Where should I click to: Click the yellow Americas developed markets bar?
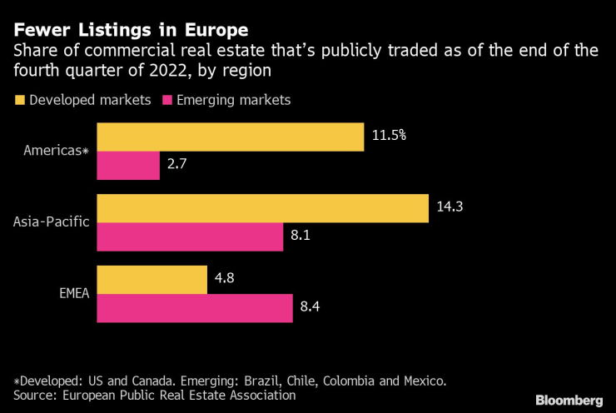[x=231, y=137]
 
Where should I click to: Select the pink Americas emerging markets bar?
[x=128, y=166]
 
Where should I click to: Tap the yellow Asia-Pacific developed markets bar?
[x=262, y=209]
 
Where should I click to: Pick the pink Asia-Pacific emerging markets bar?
[x=190, y=237]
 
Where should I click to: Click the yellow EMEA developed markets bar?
[x=152, y=281]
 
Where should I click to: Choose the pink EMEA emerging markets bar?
[x=195, y=308]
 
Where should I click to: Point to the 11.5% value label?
[x=389, y=135]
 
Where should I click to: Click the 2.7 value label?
[x=176, y=166]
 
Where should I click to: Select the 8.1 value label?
[x=301, y=237]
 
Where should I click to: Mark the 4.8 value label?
[x=225, y=279]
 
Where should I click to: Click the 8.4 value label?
[x=310, y=308]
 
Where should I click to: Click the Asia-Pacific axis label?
[x=52, y=222]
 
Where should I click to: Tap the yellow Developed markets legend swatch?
[x=19, y=100]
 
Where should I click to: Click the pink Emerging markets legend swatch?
[x=165, y=100]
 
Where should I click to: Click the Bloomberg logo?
[x=569, y=400]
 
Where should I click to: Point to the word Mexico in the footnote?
[x=422, y=381]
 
